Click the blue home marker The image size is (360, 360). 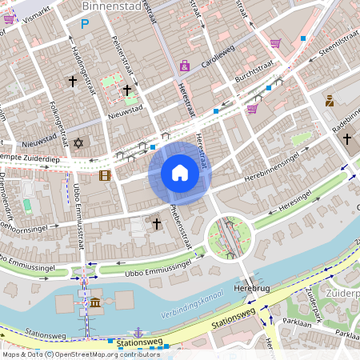pos(180,173)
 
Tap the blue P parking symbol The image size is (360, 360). pos(85,25)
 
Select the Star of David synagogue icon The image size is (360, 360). pos(78,143)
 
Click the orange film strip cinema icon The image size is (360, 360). pos(105,175)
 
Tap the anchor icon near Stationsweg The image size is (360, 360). pos(138,331)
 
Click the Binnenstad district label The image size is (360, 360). pos(110,7)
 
